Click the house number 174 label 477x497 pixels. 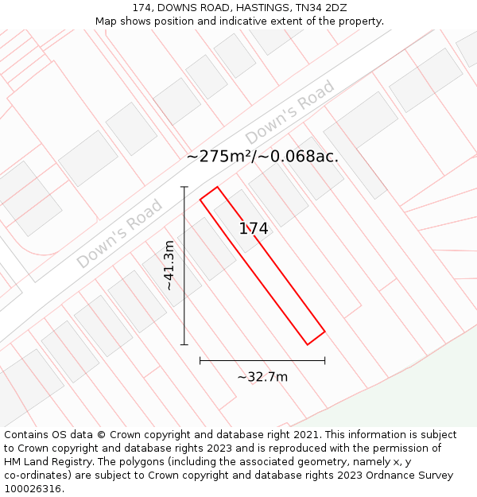(254, 229)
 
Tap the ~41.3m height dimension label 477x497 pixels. (169, 265)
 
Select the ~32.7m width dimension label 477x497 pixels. (262, 377)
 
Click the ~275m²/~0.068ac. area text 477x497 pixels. (262, 157)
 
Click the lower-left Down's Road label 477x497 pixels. (119, 234)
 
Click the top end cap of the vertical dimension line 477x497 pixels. (184, 187)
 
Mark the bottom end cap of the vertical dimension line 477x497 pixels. (184, 344)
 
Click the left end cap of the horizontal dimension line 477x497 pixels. (200, 360)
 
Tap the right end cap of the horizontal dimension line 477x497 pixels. (324, 360)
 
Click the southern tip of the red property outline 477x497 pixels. (308, 344)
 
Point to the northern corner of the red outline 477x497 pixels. (217, 188)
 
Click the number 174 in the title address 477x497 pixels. (142, 8)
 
